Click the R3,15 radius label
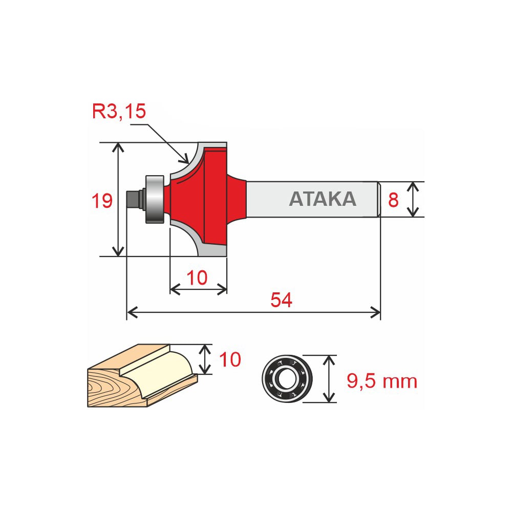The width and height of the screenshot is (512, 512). click(x=119, y=111)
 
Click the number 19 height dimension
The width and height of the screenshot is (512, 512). click(x=102, y=201)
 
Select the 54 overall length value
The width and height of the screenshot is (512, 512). click(x=281, y=300)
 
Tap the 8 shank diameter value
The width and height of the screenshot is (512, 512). click(x=393, y=200)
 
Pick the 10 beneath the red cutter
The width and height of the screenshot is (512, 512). click(x=197, y=278)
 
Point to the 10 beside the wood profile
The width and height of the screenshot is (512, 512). click(x=230, y=359)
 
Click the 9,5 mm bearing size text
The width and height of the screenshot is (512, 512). click(x=382, y=381)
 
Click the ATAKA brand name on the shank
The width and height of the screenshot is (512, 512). click(x=323, y=199)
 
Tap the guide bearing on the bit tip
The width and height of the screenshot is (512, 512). click(x=155, y=200)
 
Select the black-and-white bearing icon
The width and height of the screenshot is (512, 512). click(x=287, y=379)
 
